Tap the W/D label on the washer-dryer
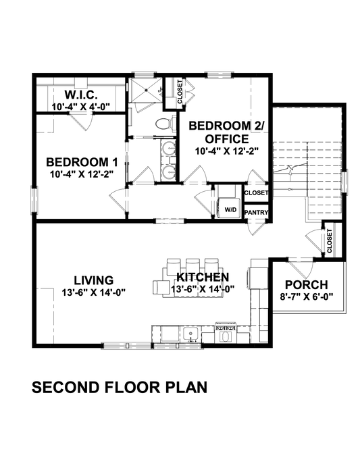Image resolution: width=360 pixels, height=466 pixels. click(x=230, y=209)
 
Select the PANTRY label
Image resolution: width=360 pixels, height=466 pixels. click(x=257, y=213)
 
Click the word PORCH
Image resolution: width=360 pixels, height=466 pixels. click(x=307, y=284)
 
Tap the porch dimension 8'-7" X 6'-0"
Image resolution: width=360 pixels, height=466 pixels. click(x=307, y=296)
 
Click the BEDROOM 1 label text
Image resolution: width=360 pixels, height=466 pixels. click(x=78, y=162)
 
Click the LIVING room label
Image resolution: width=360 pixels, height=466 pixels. click(x=93, y=280)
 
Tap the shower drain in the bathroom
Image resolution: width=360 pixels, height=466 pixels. click(x=160, y=90)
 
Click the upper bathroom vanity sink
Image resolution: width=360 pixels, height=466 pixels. click(x=167, y=150)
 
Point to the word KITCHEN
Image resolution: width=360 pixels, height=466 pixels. click(x=203, y=278)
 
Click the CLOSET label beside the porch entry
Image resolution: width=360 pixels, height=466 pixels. click(x=330, y=241)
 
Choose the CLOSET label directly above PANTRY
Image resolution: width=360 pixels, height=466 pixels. click(x=256, y=193)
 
